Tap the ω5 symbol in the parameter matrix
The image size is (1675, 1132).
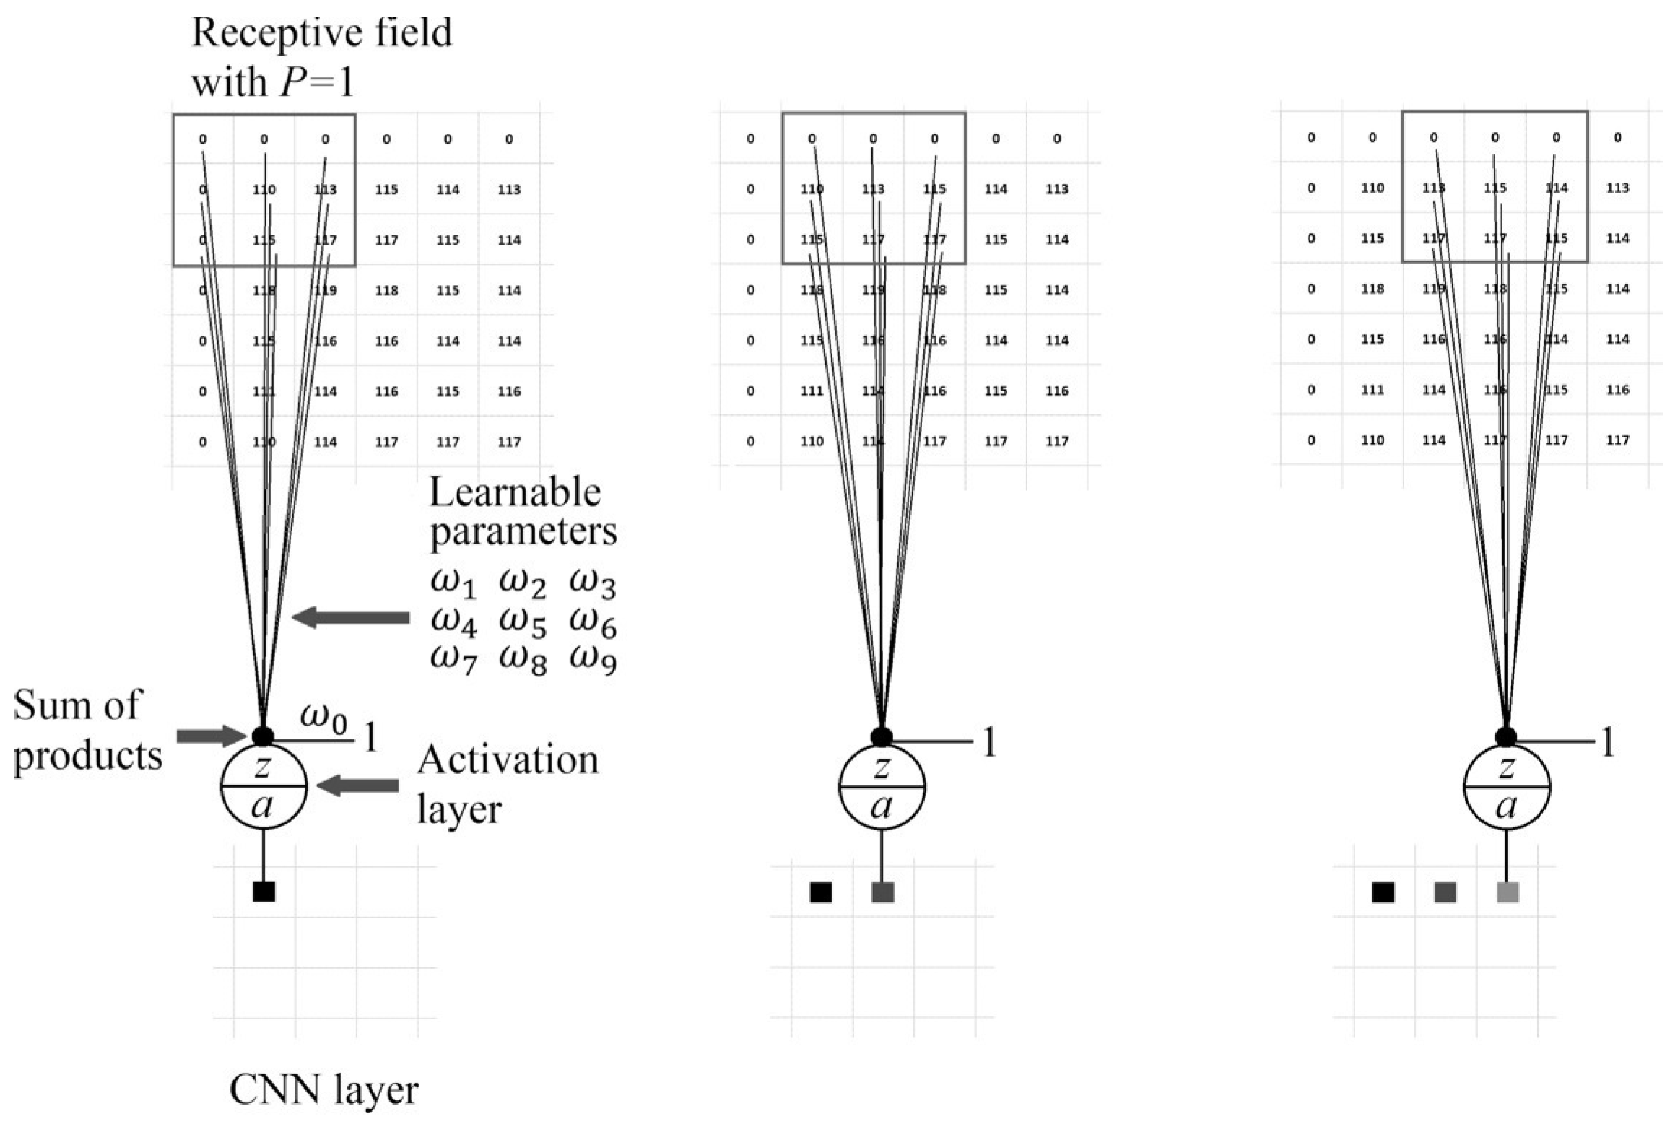coord(522,623)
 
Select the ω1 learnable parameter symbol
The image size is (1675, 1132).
coord(453,583)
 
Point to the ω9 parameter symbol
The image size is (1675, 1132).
coord(593,661)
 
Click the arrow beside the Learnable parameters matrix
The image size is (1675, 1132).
coord(351,618)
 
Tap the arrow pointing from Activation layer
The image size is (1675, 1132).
coord(358,785)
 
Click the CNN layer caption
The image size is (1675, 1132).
coord(324,1091)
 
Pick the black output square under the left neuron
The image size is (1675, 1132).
coord(264,892)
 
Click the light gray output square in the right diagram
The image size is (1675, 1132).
coord(1507,892)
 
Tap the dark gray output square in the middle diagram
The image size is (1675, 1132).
coord(883,892)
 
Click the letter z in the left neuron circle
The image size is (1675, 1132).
coord(263,767)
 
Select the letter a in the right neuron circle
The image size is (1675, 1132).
coord(1506,806)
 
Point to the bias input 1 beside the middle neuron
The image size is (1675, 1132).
coord(989,742)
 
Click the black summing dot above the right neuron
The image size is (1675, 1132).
coord(1506,737)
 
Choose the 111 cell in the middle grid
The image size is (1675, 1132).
coord(812,391)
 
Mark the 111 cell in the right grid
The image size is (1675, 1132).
coord(1372,390)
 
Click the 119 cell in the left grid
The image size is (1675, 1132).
coord(326,291)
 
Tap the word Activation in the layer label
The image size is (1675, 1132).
coord(508,760)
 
